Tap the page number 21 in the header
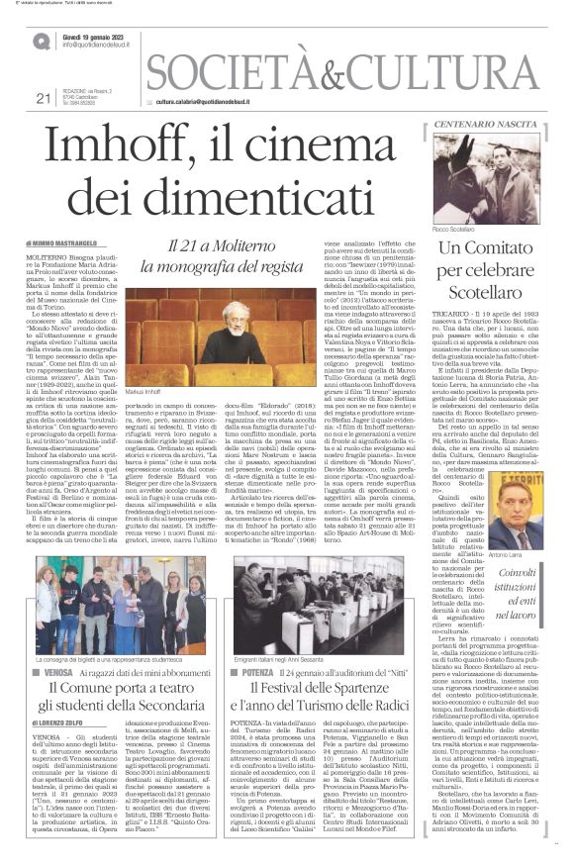click(x=42, y=98)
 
